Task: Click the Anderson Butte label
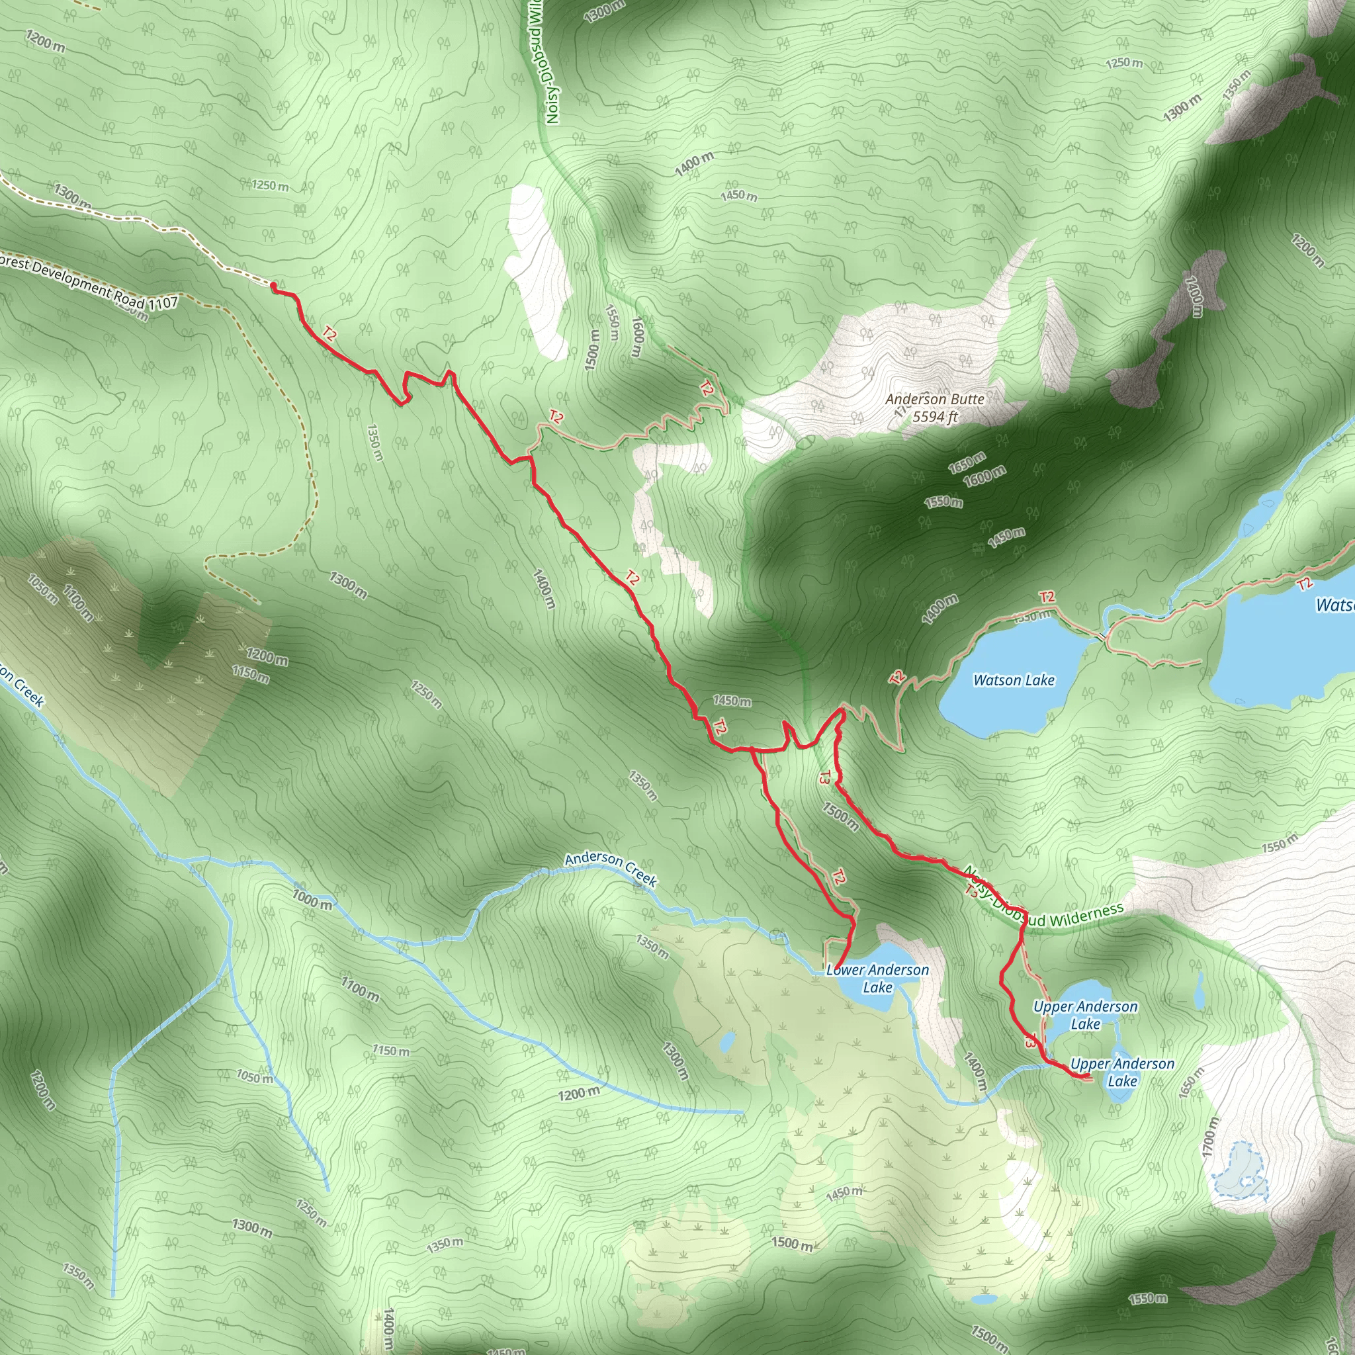pos(935,399)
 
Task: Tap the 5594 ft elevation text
pos(935,417)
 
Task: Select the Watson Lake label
pos(1014,679)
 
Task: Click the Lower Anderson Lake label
pos(877,979)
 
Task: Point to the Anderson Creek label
pos(611,869)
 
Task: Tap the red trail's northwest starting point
pos(273,285)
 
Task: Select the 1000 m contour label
pos(313,900)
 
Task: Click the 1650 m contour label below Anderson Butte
pos(967,463)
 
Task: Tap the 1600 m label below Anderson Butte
pos(984,477)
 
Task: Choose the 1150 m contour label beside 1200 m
pos(251,675)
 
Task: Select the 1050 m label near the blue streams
pos(254,1076)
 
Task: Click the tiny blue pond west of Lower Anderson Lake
pos(727,1040)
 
